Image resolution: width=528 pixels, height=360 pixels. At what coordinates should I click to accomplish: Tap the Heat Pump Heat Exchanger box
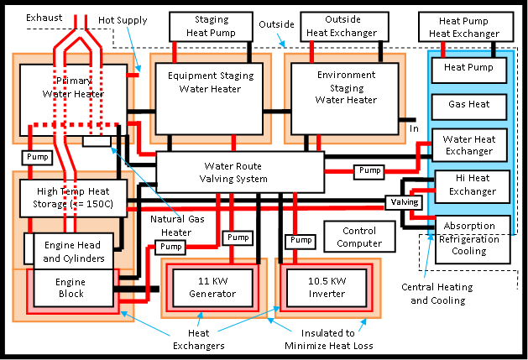[x=464, y=27]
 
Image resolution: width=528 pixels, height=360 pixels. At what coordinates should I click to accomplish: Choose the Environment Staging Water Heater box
[x=346, y=93]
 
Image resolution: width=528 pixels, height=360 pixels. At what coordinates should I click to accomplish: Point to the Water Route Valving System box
[x=240, y=172]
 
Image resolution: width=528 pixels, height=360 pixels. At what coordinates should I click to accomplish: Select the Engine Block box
[x=70, y=288]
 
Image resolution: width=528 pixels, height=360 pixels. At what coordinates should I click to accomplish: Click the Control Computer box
[x=358, y=237]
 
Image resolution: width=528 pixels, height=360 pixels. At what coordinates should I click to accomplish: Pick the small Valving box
[x=403, y=202]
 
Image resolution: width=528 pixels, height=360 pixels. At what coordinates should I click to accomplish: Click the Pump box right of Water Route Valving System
[x=369, y=170]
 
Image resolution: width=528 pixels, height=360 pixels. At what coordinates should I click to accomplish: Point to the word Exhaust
[x=43, y=17]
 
